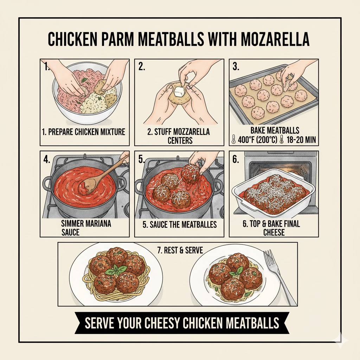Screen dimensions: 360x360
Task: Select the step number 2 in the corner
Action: [x=142, y=67]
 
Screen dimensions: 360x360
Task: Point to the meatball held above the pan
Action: [x=190, y=173]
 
